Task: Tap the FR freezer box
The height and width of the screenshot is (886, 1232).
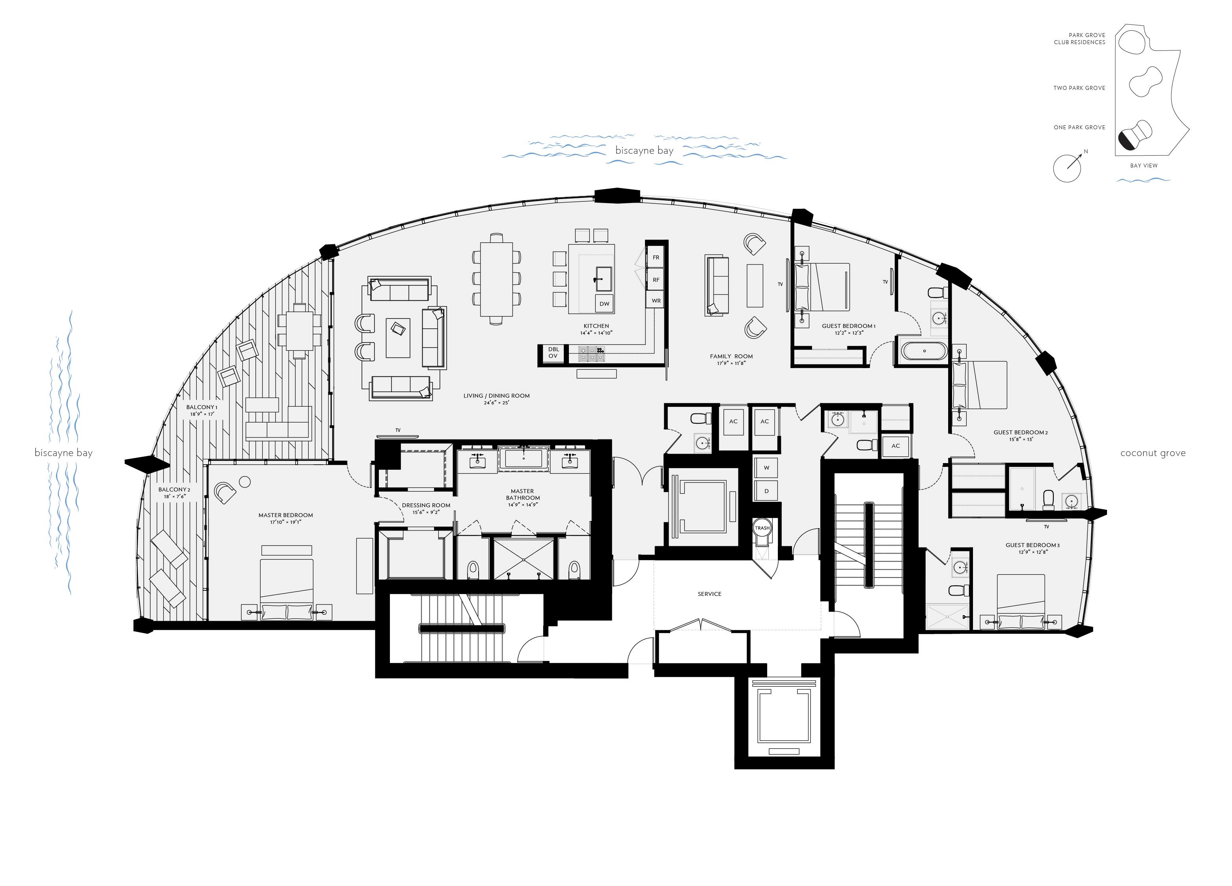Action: click(x=656, y=257)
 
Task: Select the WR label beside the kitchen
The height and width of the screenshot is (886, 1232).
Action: click(x=656, y=301)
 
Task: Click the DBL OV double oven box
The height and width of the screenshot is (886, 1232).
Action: click(x=553, y=353)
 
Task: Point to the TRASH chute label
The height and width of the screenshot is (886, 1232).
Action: click(x=762, y=528)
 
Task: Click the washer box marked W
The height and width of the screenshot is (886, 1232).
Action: click(x=766, y=467)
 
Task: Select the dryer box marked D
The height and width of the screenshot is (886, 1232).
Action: click(x=766, y=491)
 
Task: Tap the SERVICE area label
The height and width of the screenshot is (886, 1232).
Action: click(x=709, y=594)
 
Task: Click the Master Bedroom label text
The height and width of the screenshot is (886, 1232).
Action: click(x=286, y=515)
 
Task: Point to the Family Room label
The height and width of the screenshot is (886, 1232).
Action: click(x=731, y=357)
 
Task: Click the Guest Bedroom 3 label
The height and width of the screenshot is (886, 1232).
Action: click(x=1032, y=545)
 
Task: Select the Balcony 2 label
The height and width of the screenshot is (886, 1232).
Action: click(x=174, y=490)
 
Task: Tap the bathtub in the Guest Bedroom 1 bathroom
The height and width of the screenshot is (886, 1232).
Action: click(x=924, y=351)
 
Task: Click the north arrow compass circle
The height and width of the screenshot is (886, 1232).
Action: click(x=1066, y=168)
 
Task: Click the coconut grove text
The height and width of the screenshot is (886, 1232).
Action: click(x=1153, y=453)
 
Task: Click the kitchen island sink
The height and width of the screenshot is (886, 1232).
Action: click(x=604, y=279)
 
